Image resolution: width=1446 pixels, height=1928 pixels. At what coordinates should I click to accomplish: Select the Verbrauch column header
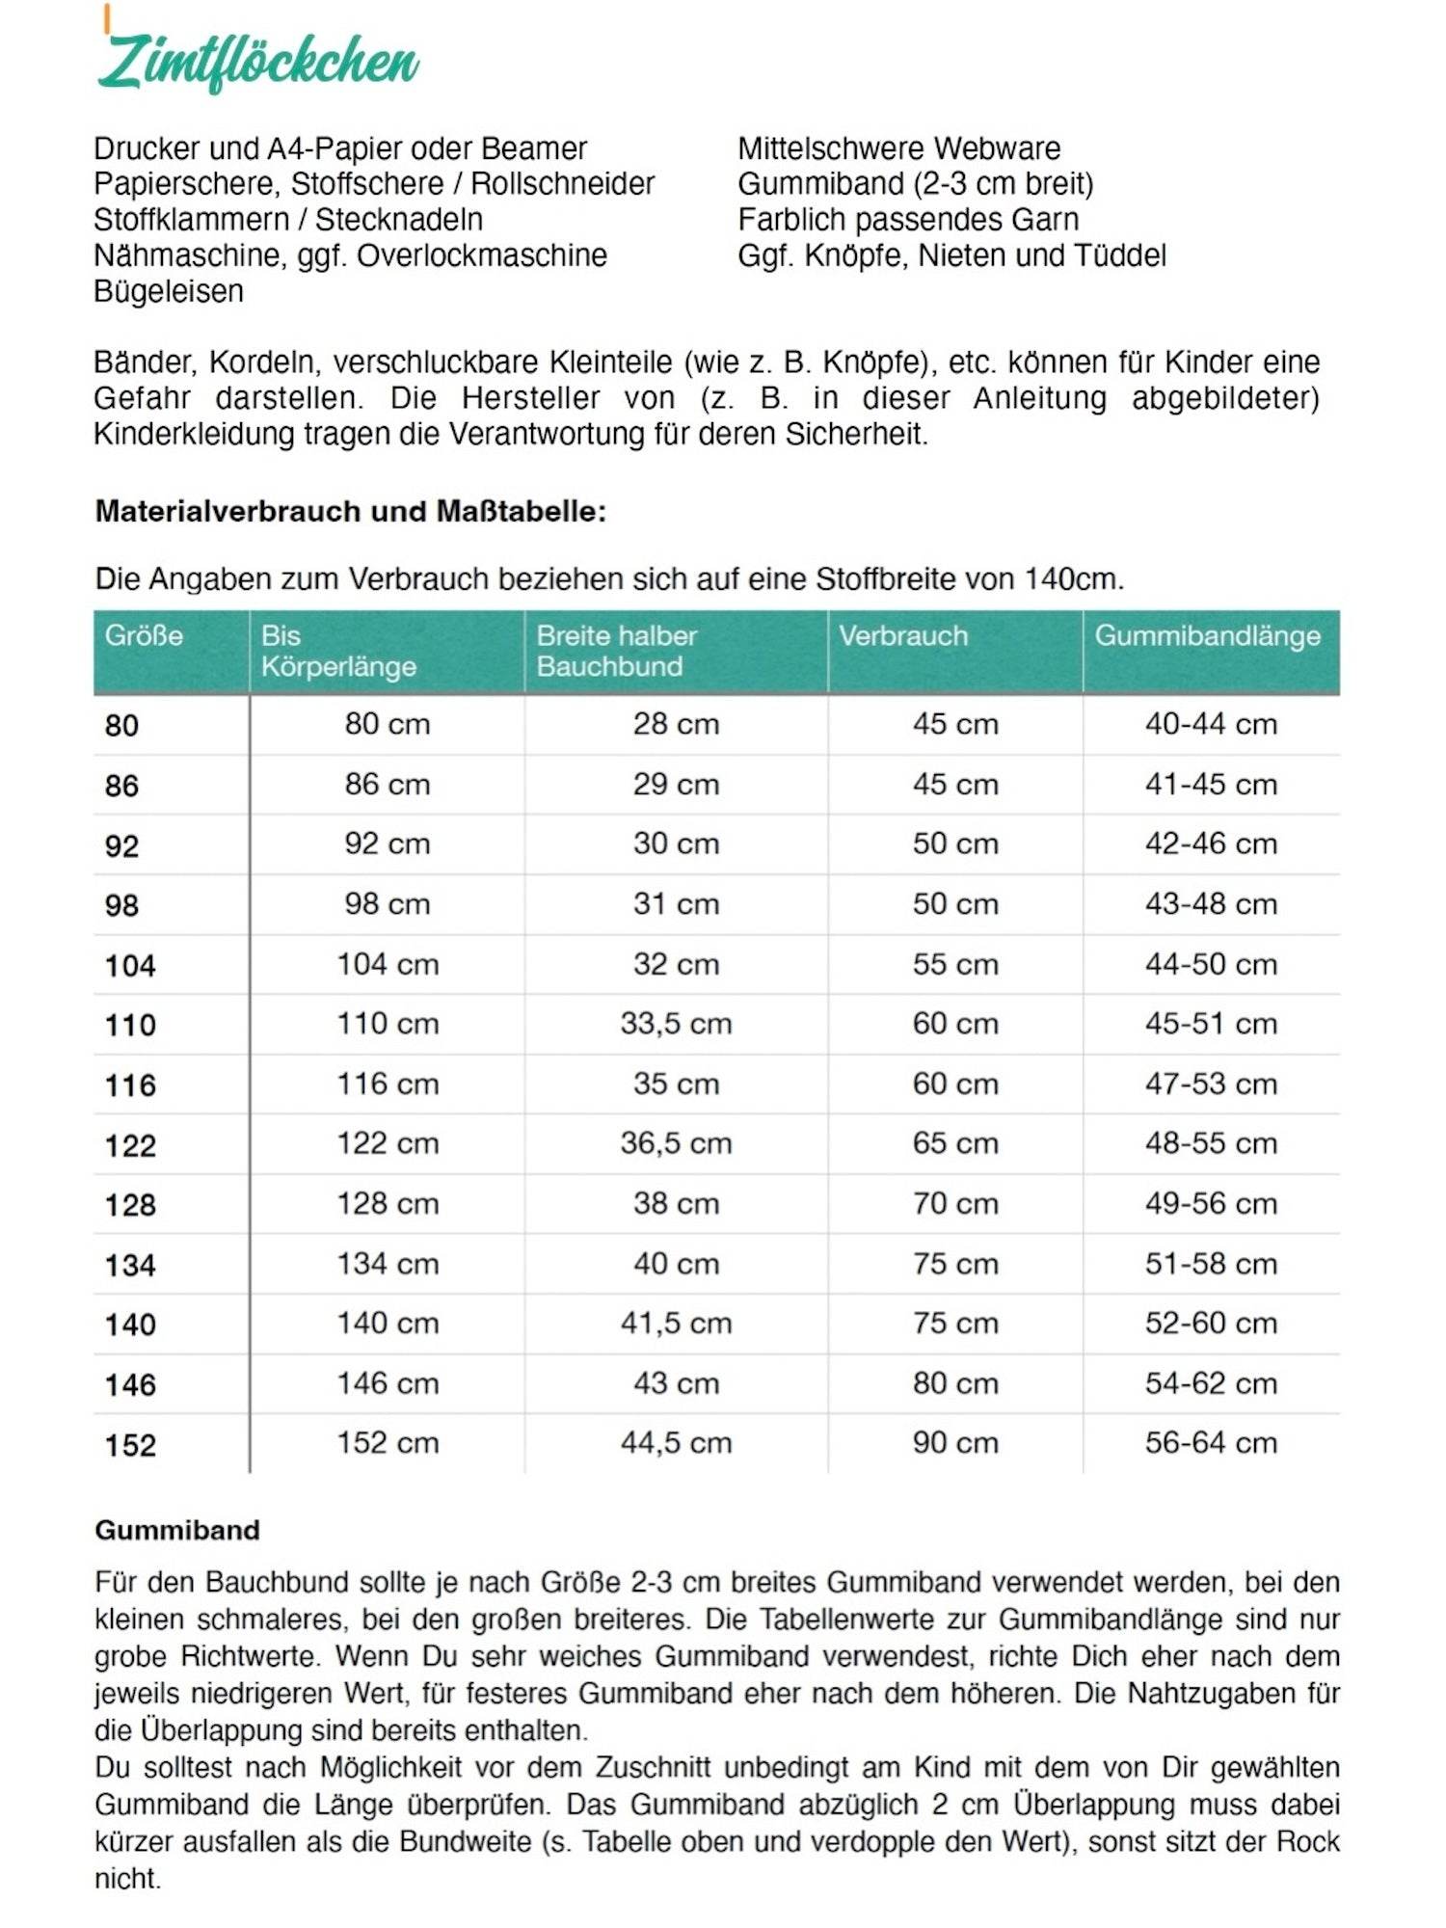coord(902,636)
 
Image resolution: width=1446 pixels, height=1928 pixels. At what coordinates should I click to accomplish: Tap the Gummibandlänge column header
coord(1207,636)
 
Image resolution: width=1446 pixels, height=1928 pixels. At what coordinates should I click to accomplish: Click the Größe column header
coord(144,636)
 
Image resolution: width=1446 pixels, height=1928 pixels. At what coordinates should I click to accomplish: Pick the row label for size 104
coord(130,965)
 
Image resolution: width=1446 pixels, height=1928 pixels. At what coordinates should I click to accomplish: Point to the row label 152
coord(130,1444)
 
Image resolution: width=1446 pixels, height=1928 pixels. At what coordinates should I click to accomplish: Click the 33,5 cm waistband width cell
coord(676,1024)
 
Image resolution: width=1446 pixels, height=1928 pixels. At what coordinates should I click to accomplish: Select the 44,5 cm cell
coord(676,1443)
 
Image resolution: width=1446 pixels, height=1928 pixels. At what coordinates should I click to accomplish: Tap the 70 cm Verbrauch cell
coord(955,1203)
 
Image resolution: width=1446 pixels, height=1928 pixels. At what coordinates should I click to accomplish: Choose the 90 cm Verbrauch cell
coord(955,1443)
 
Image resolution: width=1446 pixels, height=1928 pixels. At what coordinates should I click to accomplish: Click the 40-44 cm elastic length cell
coord(1211,724)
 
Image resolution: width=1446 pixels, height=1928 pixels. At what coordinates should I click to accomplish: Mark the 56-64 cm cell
coord(1211,1443)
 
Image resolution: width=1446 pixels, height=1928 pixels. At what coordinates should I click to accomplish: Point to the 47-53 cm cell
coord(1211,1084)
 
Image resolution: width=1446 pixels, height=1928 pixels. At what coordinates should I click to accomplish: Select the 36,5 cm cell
coord(676,1143)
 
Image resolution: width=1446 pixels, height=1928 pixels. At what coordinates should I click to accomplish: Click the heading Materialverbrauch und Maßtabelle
coord(351,511)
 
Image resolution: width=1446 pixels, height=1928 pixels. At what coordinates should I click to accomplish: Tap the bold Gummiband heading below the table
coord(177,1530)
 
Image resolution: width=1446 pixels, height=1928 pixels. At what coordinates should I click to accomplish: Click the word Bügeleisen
coord(169,291)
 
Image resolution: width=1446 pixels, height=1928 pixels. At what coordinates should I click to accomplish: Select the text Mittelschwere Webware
coord(898,148)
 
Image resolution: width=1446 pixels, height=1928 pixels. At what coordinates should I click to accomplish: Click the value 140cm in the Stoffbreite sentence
coord(1072,579)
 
